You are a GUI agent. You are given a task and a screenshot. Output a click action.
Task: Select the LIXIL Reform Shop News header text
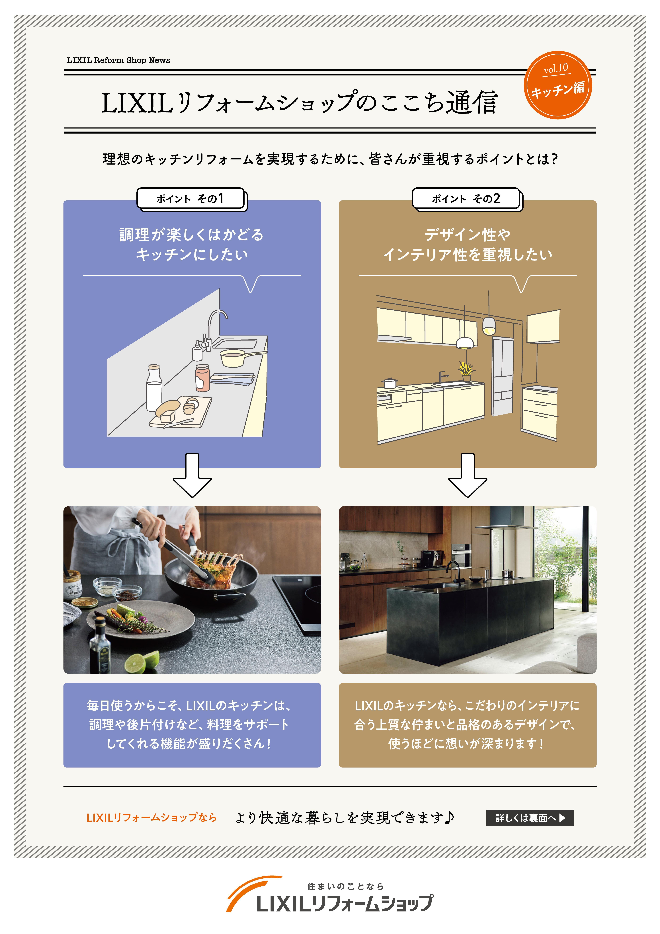pos(118,60)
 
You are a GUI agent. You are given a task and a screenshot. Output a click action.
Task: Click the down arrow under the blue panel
pos(192,475)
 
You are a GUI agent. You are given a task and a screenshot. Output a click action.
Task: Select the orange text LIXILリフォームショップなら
pos(151,818)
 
